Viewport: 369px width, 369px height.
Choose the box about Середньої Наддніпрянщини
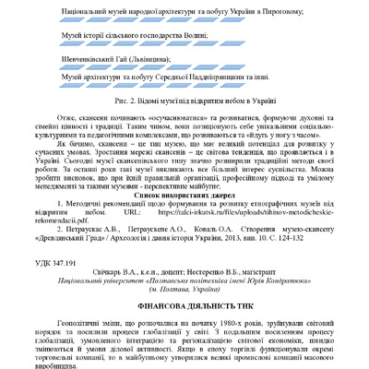point(184,80)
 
